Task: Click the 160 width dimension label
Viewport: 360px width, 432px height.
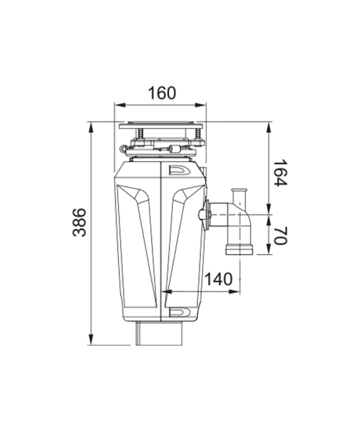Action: click(x=162, y=93)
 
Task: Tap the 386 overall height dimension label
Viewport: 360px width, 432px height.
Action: click(x=79, y=222)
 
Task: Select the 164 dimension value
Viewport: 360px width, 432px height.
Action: click(x=280, y=173)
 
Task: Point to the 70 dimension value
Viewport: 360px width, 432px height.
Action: click(x=281, y=235)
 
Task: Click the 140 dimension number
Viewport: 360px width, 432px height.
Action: click(x=219, y=279)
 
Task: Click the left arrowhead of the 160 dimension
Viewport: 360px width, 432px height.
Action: click(x=120, y=105)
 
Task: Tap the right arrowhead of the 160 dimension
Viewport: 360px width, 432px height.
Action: click(x=200, y=105)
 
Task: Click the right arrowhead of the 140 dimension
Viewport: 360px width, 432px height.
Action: click(x=235, y=292)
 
